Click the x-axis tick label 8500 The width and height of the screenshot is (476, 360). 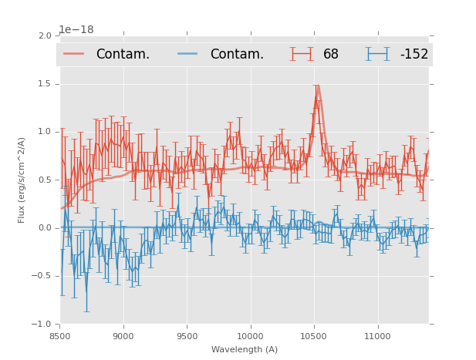coord(60,336)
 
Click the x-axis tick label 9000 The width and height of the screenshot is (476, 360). coord(123,336)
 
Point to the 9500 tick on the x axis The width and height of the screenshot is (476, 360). coord(187,336)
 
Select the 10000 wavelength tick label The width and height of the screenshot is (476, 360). coord(250,336)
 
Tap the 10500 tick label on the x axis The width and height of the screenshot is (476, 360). coord(313,336)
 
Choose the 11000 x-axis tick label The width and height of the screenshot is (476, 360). coord(377,336)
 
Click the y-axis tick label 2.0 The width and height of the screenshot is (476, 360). coord(43,36)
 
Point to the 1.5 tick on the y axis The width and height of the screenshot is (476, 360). coord(43,84)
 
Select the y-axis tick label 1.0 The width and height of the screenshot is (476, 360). coord(43,132)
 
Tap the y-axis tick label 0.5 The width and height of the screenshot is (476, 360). coord(43,180)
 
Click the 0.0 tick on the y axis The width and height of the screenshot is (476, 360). coord(43,228)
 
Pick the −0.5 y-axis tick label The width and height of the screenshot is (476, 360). coord(41,276)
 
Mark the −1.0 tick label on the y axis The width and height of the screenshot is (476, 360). coord(41,324)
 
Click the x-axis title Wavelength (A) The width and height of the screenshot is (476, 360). coord(245,349)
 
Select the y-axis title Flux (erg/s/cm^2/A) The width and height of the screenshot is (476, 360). coord(22,180)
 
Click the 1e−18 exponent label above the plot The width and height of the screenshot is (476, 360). coord(77,30)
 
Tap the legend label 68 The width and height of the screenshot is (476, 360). coord(331,55)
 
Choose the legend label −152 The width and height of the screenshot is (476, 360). coord(414,55)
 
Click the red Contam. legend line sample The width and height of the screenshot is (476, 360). coord(74,54)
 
